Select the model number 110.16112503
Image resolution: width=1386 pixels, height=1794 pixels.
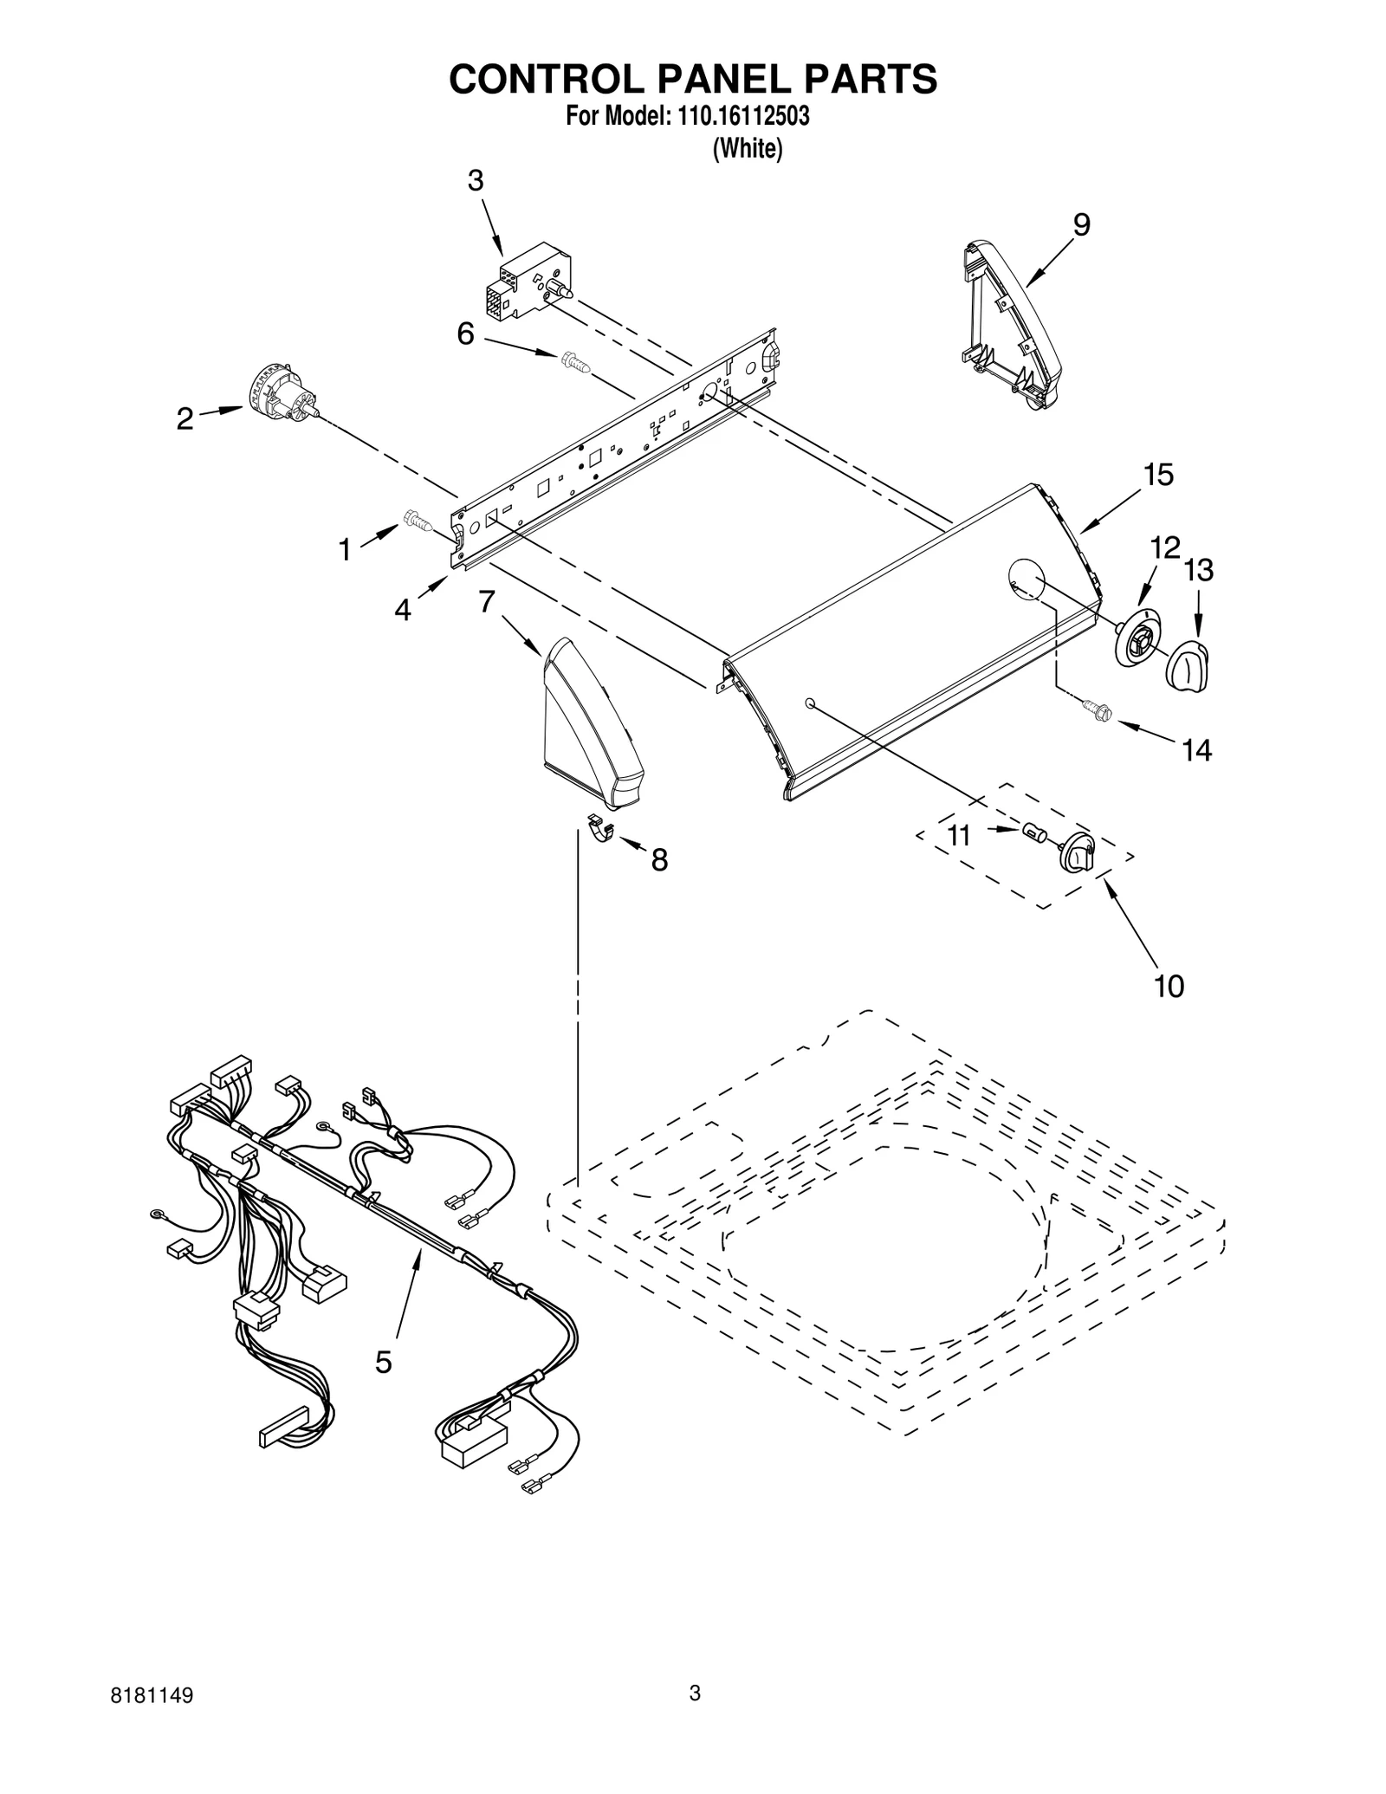coord(739,117)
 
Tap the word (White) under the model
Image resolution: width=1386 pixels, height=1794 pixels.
coord(747,149)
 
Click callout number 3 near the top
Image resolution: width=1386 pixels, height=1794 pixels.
coord(476,181)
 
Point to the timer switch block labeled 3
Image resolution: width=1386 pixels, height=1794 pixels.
coord(526,283)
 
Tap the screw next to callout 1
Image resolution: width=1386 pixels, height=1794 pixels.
coord(418,521)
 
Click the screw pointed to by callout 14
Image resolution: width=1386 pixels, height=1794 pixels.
coord(1097,710)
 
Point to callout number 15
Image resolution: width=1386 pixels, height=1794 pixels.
coord(1158,475)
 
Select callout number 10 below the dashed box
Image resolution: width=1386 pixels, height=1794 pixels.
coord(1169,986)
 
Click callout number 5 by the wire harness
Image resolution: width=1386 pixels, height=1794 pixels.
coord(384,1362)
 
